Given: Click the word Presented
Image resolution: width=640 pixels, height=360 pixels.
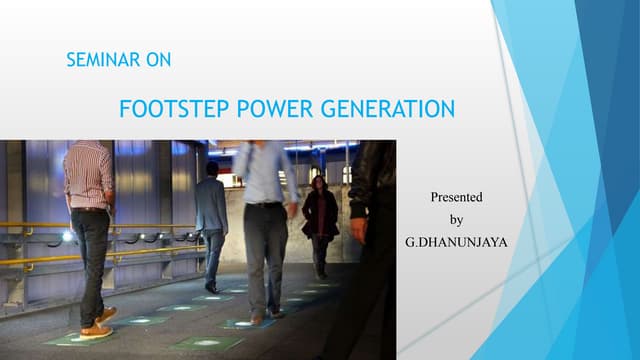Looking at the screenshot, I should (x=456, y=198).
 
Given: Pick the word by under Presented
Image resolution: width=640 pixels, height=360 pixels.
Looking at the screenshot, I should (x=457, y=220).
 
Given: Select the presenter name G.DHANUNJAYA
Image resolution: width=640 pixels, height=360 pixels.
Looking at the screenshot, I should (x=456, y=242).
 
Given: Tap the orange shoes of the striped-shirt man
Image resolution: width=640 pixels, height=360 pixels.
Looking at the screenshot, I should (x=97, y=325).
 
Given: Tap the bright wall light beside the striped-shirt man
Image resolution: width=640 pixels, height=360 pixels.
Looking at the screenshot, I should (x=67, y=236).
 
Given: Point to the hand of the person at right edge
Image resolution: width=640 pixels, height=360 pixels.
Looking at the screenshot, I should (x=359, y=231).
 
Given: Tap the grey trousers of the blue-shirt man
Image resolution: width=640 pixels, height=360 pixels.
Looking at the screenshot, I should (x=265, y=255).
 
